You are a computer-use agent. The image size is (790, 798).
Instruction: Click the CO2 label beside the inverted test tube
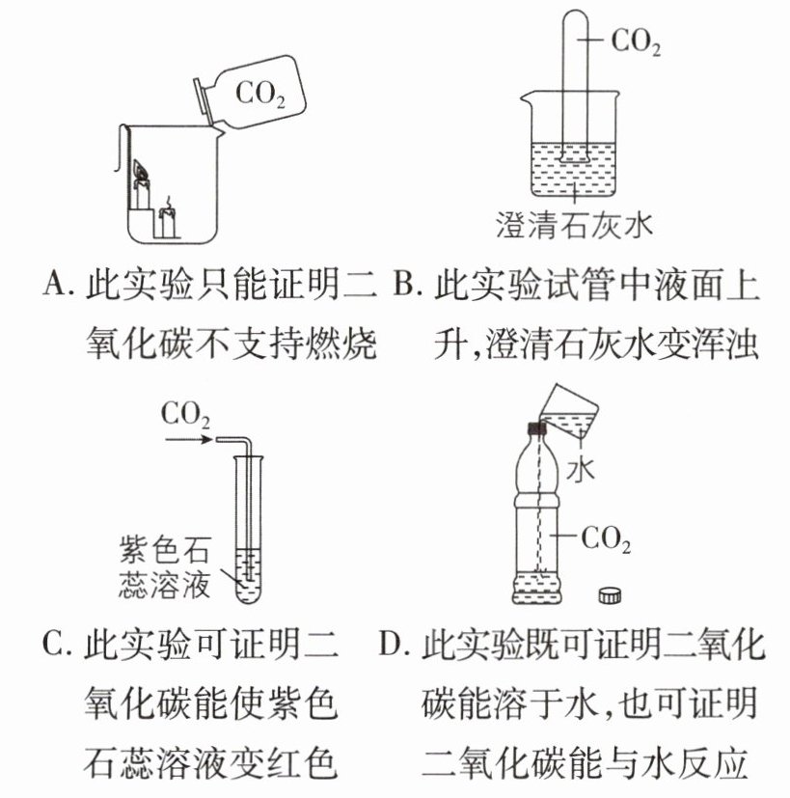tap(636, 42)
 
